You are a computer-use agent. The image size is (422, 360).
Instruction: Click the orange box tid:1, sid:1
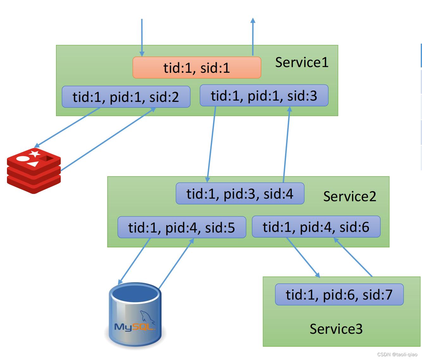pos(197,68)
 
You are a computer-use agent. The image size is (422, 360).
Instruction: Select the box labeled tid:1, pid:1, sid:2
pos(126,97)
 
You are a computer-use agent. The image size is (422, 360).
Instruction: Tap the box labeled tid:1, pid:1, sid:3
pos(264,95)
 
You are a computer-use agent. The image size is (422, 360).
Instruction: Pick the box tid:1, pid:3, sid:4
pos(240,193)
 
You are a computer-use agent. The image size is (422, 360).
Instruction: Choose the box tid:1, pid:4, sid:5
pos(182,227)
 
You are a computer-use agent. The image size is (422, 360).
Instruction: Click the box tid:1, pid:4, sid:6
pos(316,227)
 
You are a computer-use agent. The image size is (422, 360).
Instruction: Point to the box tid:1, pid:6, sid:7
pos(339,295)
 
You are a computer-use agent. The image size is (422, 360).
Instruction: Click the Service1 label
pos(302,62)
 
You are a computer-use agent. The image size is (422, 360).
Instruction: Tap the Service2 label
pos(350,196)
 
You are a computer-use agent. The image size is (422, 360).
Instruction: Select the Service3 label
pos(336,329)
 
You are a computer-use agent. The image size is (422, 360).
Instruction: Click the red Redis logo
pos(34,171)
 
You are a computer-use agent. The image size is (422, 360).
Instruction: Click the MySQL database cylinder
pos(135,314)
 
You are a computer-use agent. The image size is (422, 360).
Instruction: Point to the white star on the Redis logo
pos(35,153)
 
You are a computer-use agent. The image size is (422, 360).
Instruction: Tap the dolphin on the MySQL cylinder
pos(147,317)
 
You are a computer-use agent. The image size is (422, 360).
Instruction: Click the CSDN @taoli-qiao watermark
pos(397,355)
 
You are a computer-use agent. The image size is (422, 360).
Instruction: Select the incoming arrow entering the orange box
pos(142,38)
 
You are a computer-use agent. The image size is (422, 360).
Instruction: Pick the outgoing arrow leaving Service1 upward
pos(253,37)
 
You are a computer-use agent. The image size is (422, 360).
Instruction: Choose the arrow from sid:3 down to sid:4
pos(211,144)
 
